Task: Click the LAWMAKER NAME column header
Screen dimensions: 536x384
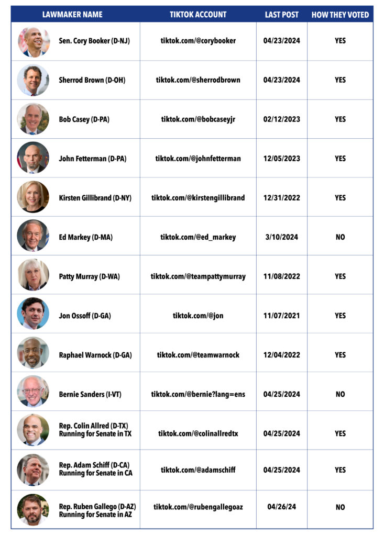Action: point(72,15)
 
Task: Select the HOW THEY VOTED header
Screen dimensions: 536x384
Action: point(340,15)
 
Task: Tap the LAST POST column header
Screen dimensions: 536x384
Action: point(281,15)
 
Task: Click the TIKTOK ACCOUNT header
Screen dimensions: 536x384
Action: point(198,15)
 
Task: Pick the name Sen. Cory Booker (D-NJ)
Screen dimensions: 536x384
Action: point(94,41)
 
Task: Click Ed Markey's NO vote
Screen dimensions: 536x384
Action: point(340,237)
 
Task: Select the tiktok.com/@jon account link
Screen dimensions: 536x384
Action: point(198,316)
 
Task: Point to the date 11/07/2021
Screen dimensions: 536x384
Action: point(281,316)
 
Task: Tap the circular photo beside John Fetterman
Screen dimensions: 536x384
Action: point(33,158)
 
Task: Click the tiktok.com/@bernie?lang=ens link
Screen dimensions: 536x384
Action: point(198,394)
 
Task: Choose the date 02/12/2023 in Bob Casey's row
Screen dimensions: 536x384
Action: point(281,119)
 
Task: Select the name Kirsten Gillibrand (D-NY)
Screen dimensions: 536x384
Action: point(95,198)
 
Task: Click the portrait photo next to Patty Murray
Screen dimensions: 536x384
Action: point(33,275)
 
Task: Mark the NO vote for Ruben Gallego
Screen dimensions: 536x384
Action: point(340,507)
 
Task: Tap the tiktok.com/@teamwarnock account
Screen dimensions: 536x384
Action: point(198,355)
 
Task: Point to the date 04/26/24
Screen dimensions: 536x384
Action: point(281,507)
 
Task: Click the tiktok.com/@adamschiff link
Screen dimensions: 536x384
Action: point(198,470)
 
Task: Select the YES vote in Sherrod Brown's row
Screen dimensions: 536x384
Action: point(340,80)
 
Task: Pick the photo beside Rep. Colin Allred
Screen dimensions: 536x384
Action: point(33,430)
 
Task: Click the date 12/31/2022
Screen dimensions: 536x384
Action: point(281,198)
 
